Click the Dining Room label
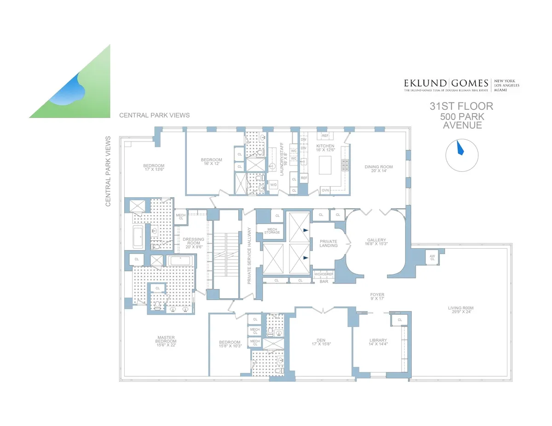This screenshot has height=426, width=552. [x=379, y=169]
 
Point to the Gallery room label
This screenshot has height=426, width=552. [x=376, y=242]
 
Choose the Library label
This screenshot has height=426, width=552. [x=378, y=342]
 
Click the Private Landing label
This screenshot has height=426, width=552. [x=328, y=243]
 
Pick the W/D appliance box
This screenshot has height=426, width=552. [x=273, y=185]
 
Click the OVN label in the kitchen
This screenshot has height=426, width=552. [x=325, y=190]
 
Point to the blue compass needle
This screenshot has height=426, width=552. [x=459, y=148]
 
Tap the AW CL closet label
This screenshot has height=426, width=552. [x=432, y=258]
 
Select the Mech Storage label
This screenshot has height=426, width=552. [x=272, y=231]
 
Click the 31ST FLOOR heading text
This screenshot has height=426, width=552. [x=461, y=107]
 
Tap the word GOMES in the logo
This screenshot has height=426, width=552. [x=469, y=83]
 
